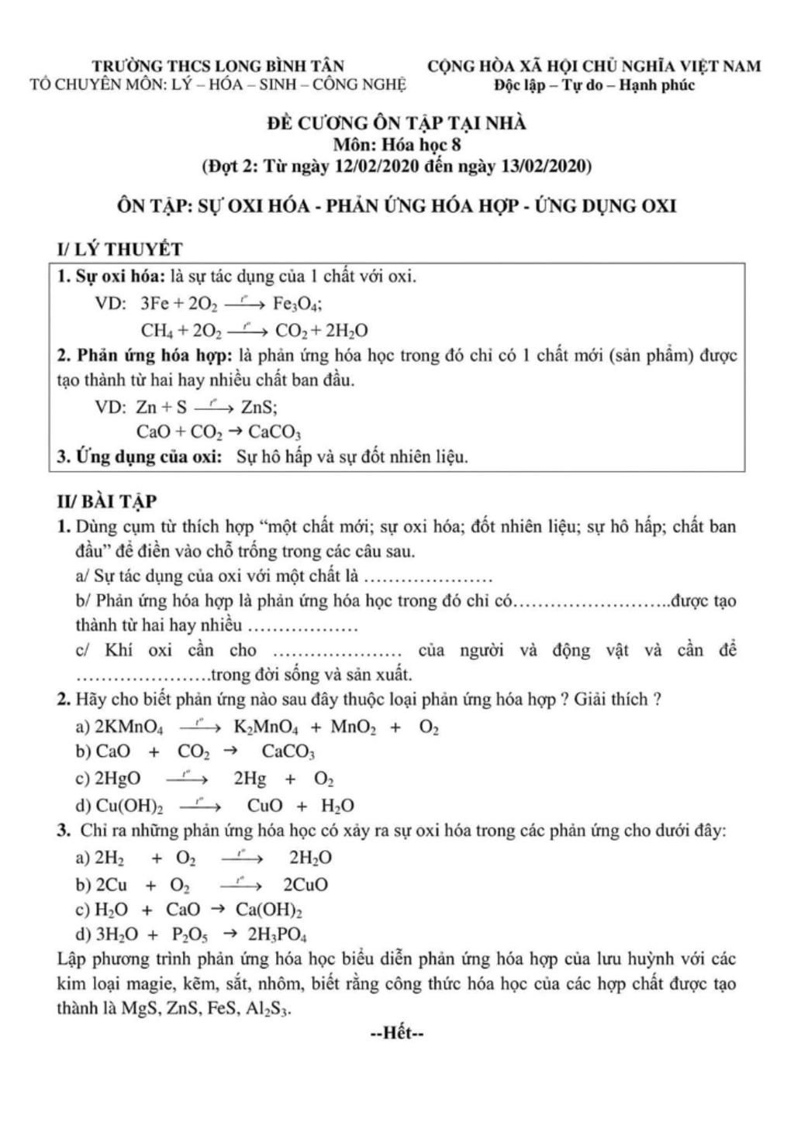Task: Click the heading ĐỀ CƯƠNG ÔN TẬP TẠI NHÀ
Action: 396,123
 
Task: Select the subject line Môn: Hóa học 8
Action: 397,144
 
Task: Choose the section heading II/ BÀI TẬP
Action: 106,502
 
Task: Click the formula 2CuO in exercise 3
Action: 306,885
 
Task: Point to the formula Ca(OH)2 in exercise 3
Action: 269,910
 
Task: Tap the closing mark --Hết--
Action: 396,1033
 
